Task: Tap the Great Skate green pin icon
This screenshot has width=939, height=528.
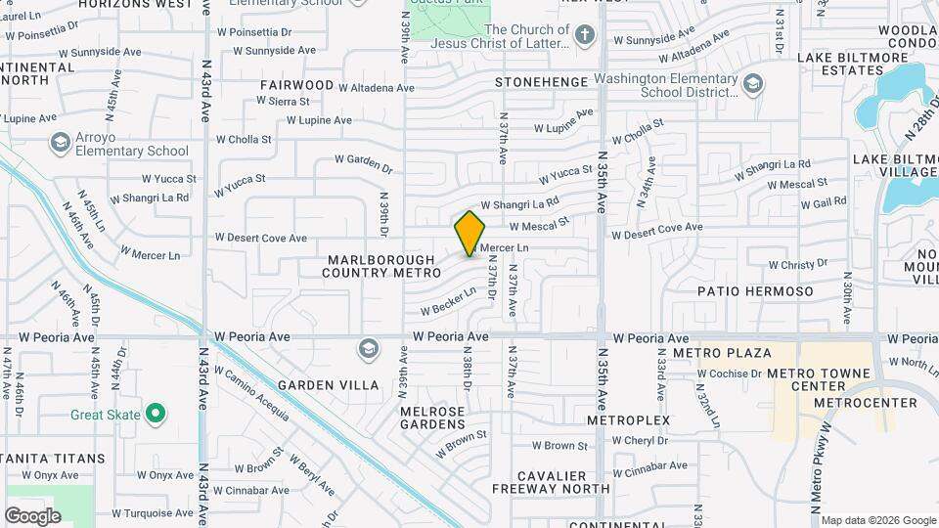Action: (156, 414)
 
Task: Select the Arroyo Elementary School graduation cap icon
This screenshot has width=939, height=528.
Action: (61, 143)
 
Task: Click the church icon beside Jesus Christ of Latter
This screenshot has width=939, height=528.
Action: (585, 37)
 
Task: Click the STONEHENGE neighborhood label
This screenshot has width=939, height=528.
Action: (542, 82)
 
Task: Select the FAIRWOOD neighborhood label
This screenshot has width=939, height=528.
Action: (296, 85)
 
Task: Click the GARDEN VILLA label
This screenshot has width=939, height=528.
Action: (328, 385)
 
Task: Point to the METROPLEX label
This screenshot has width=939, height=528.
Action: (628, 419)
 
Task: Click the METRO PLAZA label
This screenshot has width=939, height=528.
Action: (721, 352)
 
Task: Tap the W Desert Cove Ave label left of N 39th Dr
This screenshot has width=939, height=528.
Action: (260, 238)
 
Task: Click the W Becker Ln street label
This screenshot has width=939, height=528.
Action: (448, 300)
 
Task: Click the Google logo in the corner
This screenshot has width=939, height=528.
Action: (32, 515)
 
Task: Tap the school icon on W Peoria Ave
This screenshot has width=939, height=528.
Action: (368, 348)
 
